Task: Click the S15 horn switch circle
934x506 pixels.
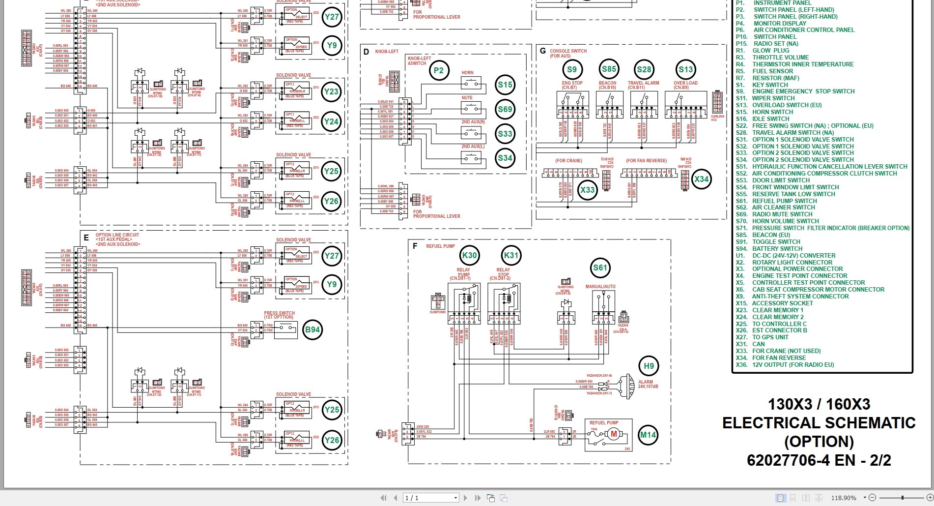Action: click(x=505, y=85)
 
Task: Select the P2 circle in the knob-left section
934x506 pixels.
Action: click(x=439, y=71)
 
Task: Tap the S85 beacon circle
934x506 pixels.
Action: click(x=609, y=69)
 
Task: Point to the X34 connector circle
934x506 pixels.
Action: click(x=701, y=179)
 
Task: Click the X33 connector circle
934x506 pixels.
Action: click(x=587, y=190)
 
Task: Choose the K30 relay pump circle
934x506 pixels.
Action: click(x=469, y=255)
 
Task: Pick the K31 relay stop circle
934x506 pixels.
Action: click(x=511, y=255)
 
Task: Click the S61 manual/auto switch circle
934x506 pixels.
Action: click(x=600, y=268)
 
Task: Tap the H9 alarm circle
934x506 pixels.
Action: click(x=649, y=366)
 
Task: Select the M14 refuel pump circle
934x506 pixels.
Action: click(x=648, y=435)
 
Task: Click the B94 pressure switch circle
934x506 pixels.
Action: click(x=312, y=330)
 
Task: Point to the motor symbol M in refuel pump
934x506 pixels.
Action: click(x=613, y=434)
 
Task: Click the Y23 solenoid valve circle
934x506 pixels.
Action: click(x=331, y=91)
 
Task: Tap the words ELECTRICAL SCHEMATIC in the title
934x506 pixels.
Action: click(x=819, y=423)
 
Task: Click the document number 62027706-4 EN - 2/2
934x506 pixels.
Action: click(x=819, y=460)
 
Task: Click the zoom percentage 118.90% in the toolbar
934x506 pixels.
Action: click(x=844, y=498)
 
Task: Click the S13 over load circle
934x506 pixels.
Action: click(x=685, y=70)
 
